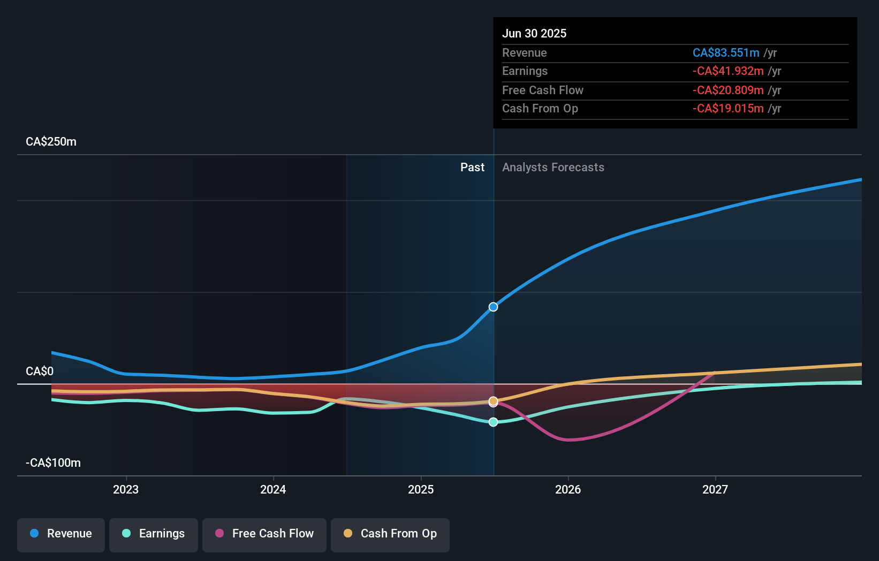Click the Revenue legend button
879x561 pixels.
pyautogui.click(x=61, y=534)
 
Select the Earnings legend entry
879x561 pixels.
pyautogui.click(x=154, y=534)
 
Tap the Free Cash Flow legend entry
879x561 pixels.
pyautogui.click(x=264, y=534)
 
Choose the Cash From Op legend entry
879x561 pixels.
pyautogui.click(x=390, y=534)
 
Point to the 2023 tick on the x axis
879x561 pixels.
pyautogui.click(x=126, y=489)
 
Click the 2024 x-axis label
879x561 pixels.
pyautogui.click(x=273, y=489)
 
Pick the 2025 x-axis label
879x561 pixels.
pyautogui.click(x=421, y=489)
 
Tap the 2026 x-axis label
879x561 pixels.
pyautogui.click(x=568, y=489)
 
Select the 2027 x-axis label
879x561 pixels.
pyautogui.click(x=715, y=489)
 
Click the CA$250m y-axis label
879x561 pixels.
pyautogui.click(x=51, y=142)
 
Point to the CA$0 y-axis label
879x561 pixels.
pyautogui.click(x=40, y=372)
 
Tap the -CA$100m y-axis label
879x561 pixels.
pyautogui.click(x=53, y=463)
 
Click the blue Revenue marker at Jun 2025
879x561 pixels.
pyautogui.click(x=493, y=307)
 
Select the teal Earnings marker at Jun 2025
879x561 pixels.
pyautogui.click(x=493, y=422)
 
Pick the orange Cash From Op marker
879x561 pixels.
pyautogui.click(x=493, y=401)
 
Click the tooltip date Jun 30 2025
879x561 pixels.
pyautogui.click(x=534, y=33)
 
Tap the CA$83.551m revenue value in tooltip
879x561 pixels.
pyautogui.click(x=725, y=53)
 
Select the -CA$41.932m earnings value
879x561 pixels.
pyautogui.click(x=728, y=71)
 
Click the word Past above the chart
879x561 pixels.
pyautogui.click(x=472, y=168)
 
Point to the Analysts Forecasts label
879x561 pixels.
pyautogui.click(x=553, y=168)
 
